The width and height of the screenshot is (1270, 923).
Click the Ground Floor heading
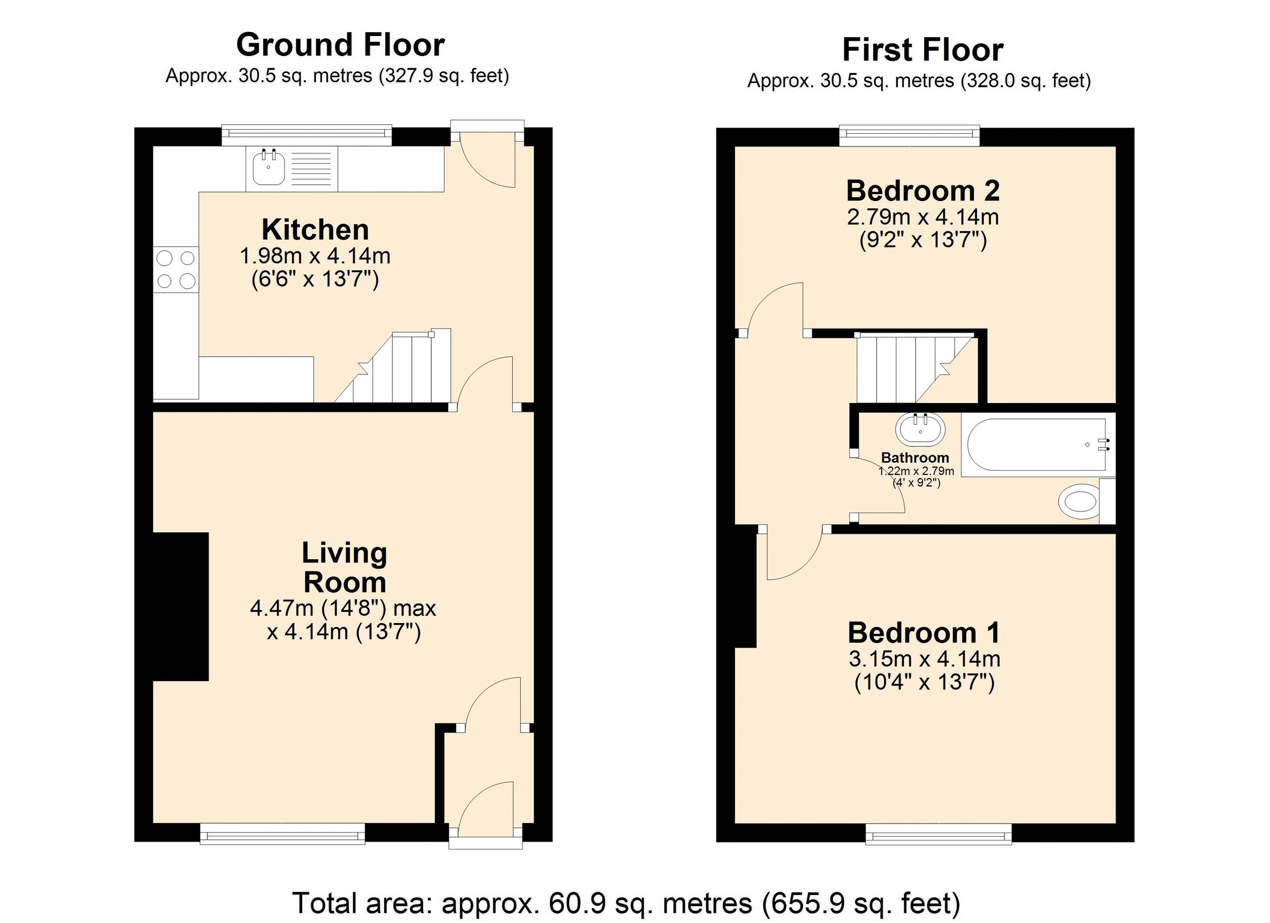pos(340,45)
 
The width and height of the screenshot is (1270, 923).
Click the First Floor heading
pos(922,50)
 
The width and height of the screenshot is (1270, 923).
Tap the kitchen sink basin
pos(268,169)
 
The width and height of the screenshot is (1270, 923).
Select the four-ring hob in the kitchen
pos(176,269)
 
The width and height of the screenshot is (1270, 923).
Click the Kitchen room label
pos(315,230)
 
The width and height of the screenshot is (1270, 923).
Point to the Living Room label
pos(344,567)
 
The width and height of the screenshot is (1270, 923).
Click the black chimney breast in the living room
pos(181,606)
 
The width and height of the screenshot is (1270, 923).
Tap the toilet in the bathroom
pos(1079,501)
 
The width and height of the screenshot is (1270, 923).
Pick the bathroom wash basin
pos(920,431)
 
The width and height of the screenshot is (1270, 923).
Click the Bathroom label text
pos(915,458)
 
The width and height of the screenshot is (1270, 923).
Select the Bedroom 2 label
pos(922,191)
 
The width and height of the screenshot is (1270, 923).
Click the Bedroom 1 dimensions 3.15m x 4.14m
pos(924,659)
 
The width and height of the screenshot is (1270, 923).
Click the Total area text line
pos(626,902)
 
